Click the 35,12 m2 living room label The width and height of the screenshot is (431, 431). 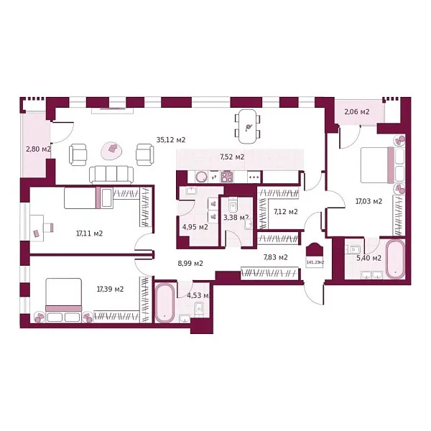click(x=171, y=140)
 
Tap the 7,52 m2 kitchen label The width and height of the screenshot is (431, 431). click(x=231, y=157)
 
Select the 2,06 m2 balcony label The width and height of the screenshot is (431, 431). click(x=356, y=112)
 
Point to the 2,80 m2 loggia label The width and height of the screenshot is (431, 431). click(x=37, y=149)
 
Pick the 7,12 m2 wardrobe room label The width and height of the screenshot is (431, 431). click(x=286, y=212)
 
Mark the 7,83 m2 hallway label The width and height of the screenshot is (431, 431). click(x=275, y=256)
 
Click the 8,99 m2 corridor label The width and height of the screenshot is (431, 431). click(x=190, y=263)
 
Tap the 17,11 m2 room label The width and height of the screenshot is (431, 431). click(x=89, y=233)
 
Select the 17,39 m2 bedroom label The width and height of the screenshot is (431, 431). click(x=110, y=289)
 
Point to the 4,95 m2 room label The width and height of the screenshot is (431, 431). click(x=195, y=227)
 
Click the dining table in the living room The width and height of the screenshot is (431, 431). click(x=246, y=126)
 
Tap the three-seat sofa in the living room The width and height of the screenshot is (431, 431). click(x=111, y=174)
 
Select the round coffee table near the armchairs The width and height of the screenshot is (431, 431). click(x=112, y=149)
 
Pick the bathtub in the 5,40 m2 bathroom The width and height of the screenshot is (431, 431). click(x=396, y=259)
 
